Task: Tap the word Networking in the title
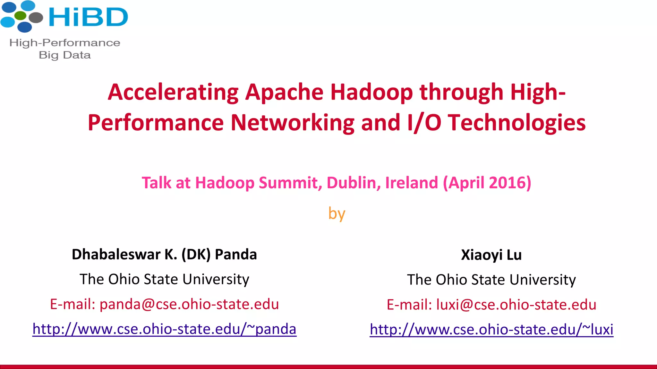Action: tap(292, 123)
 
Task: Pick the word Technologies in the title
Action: tap(517, 123)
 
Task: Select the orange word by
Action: tap(337, 214)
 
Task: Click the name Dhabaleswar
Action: tap(116, 254)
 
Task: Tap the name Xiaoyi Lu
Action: tap(491, 255)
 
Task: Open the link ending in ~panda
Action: tap(164, 329)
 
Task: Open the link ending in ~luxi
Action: tap(491, 330)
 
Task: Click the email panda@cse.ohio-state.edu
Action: tap(189, 304)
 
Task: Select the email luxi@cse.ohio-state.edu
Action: tap(516, 305)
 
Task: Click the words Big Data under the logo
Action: tap(65, 55)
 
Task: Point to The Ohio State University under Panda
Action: tap(164, 279)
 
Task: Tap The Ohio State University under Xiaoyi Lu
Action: tap(491, 280)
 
